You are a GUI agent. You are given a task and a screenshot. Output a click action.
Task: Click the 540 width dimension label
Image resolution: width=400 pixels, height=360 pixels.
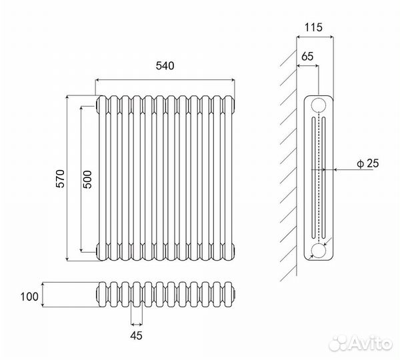(x=165, y=66)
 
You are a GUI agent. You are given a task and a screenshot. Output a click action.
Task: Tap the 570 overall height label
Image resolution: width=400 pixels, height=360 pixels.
(x=61, y=179)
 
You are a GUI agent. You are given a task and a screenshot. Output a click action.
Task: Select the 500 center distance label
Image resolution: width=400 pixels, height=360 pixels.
(x=87, y=179)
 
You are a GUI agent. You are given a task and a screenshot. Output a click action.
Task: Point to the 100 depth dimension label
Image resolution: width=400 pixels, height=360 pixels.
(x=29, y=297)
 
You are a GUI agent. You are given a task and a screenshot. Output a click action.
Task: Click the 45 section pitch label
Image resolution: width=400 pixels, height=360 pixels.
(x=136, y=335)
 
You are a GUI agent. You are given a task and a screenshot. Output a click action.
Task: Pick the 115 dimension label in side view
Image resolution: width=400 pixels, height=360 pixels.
(x=313, y=27)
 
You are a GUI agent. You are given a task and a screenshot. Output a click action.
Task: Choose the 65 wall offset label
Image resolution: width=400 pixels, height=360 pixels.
(x=307, y=57)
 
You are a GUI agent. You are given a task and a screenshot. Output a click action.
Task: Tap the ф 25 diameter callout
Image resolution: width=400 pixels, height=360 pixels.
(x=368, y=163)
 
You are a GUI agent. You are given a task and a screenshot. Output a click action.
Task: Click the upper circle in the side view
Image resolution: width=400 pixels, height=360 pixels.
(x=319, y=105)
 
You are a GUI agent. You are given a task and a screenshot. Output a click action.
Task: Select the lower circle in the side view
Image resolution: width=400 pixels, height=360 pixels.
(x=319, y=251)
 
